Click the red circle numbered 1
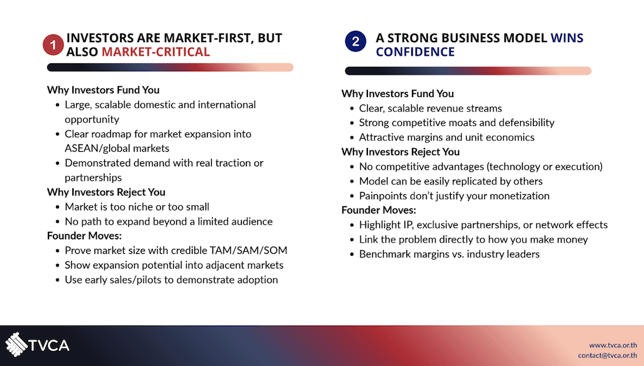[x=53, y=45]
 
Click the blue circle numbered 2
[x=356, y=41]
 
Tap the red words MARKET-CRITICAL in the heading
[x=156, y=52]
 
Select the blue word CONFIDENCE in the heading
[x=415, y=52]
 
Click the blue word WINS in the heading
[x=567, y=38]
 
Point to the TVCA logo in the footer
[x=37, y=345]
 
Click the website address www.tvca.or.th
[x=613, y=345]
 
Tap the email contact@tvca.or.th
[x=608, y=355]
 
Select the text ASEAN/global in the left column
[x=96, y=148]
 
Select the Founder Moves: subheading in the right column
[x=379, y=210]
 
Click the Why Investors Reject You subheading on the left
[x=106, y=192]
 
